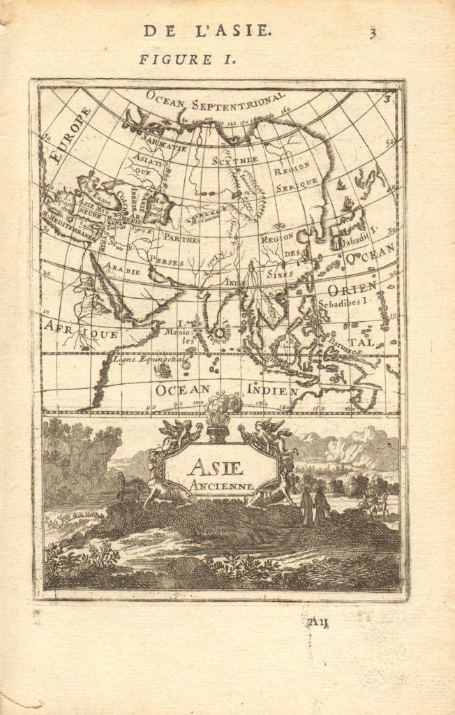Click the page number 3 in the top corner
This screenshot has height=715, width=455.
[x=374, y=31]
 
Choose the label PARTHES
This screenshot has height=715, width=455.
[x=181, y=239]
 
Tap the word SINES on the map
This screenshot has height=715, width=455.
[x=279, y=274]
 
